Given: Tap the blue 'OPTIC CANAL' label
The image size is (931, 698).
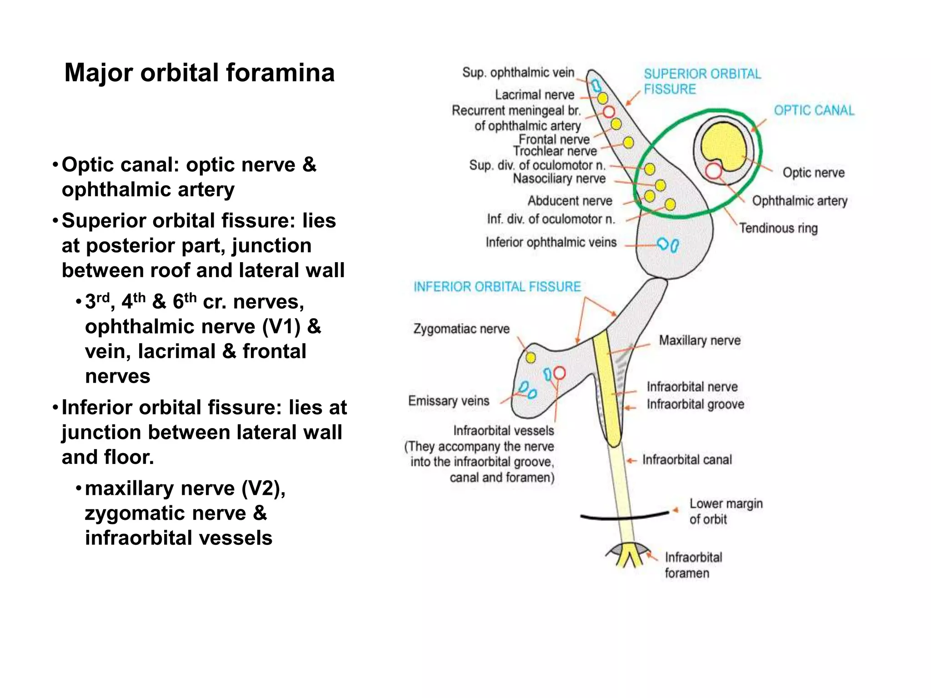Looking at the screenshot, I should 814,110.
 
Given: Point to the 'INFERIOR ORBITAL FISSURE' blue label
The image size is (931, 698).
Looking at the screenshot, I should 497,287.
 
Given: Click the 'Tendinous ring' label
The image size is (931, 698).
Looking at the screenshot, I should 778,228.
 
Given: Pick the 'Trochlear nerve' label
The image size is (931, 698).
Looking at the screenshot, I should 555,151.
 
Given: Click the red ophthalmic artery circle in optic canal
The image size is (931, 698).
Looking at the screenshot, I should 714,171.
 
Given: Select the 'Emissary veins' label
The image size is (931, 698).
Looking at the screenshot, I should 449,401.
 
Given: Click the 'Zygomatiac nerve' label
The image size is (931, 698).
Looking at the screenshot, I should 461,329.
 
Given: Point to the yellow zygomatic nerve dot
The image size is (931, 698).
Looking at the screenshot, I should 531,358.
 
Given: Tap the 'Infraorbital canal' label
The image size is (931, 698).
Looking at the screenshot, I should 687,460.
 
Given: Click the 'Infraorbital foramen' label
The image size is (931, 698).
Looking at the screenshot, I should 693,565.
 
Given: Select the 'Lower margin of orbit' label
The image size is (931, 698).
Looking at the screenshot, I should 726,511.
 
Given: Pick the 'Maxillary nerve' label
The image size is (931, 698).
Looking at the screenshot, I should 700,340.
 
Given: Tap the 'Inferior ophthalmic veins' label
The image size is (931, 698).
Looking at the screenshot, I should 551,242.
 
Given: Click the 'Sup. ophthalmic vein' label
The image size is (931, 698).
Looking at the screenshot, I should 518,72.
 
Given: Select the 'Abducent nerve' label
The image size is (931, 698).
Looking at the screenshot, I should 570,201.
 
